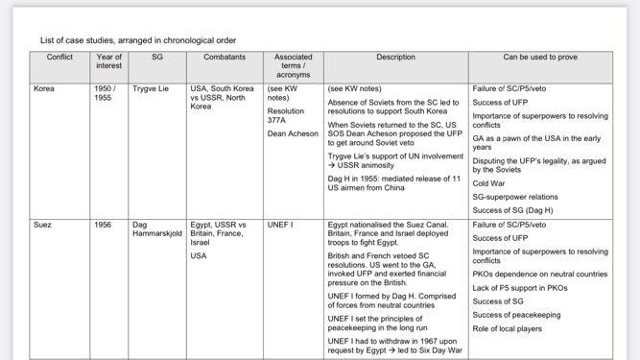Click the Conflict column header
click(59, 58)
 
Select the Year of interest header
click(109, 61)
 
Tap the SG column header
click(157, 58)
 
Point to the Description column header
click(395, 58)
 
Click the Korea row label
click(44, 88)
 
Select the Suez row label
click(43, 225)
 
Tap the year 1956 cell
click(104, 225)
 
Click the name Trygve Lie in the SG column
click(151, 88)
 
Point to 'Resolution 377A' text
click(286, 115)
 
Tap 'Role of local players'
click(508, 328)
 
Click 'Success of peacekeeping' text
click(517, 315)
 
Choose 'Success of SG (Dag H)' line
click(513, 209)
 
